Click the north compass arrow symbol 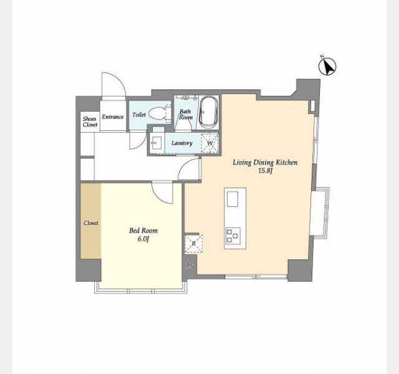point(327,67)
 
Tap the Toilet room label point(139,115)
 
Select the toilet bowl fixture point(158,114)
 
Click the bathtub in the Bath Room point(208,112)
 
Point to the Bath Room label point(186,115)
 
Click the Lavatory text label point(181,143)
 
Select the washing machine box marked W point(210,143)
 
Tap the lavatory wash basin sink point(155,143)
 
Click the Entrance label point(113,117)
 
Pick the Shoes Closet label point(90,122)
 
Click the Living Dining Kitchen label point(265,163)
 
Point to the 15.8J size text point(266,171)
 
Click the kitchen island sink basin point(233,199)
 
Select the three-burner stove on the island point(233,236)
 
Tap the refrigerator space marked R point(194,244)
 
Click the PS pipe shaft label point(190,266)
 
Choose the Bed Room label point(143,231)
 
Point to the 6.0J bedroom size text point(143,239)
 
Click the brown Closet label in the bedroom point(91,223)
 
